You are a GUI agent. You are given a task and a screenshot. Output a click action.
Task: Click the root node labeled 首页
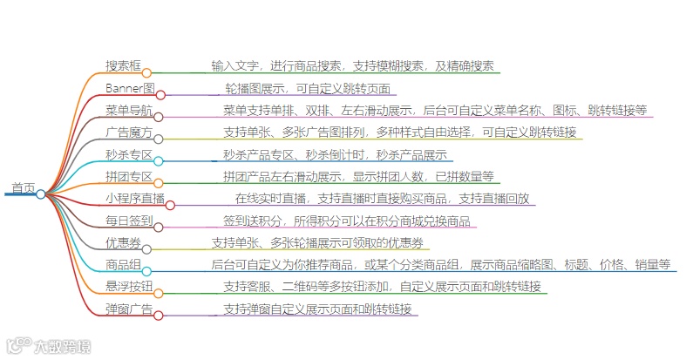point(23,187)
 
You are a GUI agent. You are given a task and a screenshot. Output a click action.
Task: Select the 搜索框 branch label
point(124,65)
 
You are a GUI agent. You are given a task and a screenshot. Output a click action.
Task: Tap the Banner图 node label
point(130,88)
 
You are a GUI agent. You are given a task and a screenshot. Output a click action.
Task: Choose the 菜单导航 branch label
point(128,110)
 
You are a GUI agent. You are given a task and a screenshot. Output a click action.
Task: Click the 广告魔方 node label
point(128,132)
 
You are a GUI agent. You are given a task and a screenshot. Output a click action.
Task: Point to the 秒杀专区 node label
point(128,155)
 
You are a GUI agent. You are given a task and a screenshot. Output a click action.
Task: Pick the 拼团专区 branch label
point(128,177)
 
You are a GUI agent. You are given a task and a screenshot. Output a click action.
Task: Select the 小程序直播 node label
point(134,199)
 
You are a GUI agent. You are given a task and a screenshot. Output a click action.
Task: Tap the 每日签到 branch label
point(128,221)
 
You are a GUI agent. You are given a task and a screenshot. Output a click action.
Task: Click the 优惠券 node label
point(123,243)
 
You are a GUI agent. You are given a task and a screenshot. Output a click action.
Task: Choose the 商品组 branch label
point(123,265)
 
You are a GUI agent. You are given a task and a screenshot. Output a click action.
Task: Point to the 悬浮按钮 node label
point(128,287)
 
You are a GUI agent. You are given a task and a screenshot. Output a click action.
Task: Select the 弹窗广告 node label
point(128,309)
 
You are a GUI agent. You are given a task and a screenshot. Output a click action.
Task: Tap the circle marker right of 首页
point(41,194)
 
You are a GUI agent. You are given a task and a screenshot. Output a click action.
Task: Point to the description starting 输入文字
point(352,65)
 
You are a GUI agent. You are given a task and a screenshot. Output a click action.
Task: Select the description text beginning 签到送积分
point(347,221)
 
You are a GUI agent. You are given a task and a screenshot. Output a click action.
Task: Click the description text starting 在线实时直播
point(382,199)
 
